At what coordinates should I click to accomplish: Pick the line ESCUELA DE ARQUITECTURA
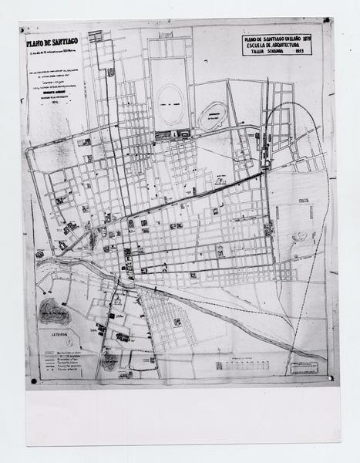pos(281,45)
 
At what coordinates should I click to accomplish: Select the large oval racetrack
pos(171,99)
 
